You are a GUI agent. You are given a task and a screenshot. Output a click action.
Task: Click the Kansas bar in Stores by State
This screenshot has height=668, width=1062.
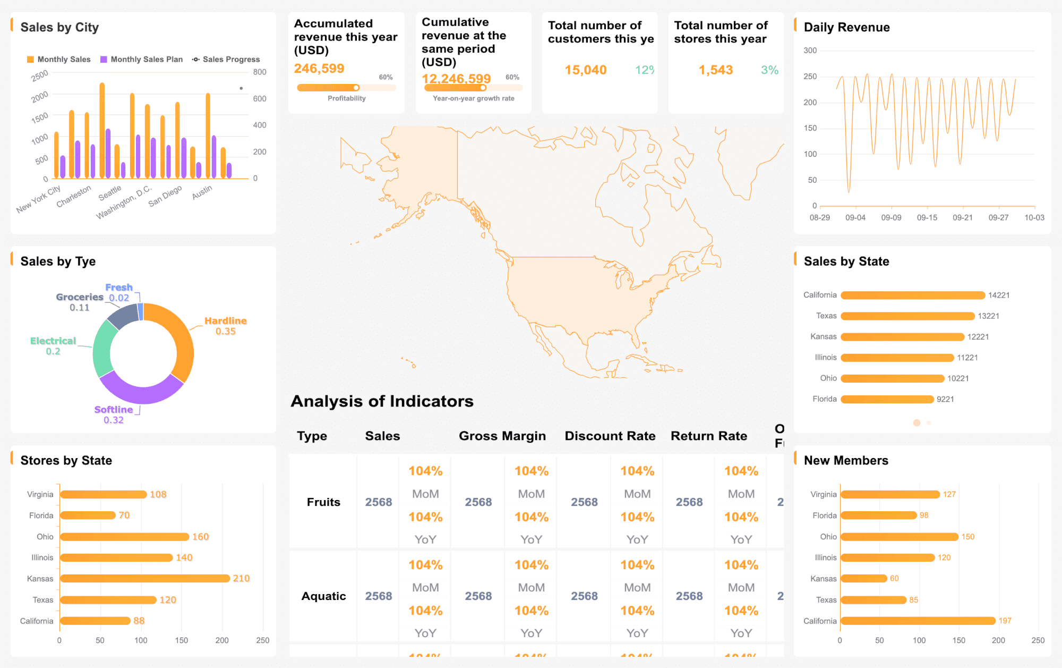point(144,578)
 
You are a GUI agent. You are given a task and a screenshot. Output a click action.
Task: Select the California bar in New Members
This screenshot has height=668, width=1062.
point(917,621)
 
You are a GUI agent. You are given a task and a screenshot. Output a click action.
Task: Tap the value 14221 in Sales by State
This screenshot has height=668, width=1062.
point(998,295)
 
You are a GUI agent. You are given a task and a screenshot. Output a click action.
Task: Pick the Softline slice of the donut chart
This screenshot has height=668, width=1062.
point(140,391)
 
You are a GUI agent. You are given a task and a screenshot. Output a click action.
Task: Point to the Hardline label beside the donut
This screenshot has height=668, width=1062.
point(225,321)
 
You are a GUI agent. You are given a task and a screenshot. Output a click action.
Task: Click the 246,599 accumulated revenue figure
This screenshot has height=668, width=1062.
point(319,69)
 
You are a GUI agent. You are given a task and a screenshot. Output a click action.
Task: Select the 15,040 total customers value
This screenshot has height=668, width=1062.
point(585,70)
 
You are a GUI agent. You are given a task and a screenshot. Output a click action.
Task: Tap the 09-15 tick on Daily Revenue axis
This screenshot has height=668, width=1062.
point(927,217)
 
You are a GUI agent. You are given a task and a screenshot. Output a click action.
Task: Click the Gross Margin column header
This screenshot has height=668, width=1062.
point(502,436)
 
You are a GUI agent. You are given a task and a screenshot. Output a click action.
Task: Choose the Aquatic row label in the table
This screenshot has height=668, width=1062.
point(323,596)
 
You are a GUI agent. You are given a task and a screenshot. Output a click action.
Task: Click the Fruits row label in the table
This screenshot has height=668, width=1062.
point(323,502)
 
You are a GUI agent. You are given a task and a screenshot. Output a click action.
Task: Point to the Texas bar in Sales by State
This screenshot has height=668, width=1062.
point(907,316)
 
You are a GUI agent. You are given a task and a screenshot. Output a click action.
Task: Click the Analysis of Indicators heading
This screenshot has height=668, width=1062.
point(382,401)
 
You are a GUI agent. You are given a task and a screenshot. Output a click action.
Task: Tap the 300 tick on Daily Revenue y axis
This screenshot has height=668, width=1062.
point(810,50)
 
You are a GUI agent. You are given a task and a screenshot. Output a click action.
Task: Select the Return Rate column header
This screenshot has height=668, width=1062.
point(708,436)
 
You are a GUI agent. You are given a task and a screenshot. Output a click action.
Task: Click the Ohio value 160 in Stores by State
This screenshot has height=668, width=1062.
point(200,537)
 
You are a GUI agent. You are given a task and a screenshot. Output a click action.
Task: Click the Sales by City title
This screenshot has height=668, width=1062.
point(59,27)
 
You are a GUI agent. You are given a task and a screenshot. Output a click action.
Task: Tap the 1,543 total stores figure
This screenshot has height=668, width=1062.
point(715,70)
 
